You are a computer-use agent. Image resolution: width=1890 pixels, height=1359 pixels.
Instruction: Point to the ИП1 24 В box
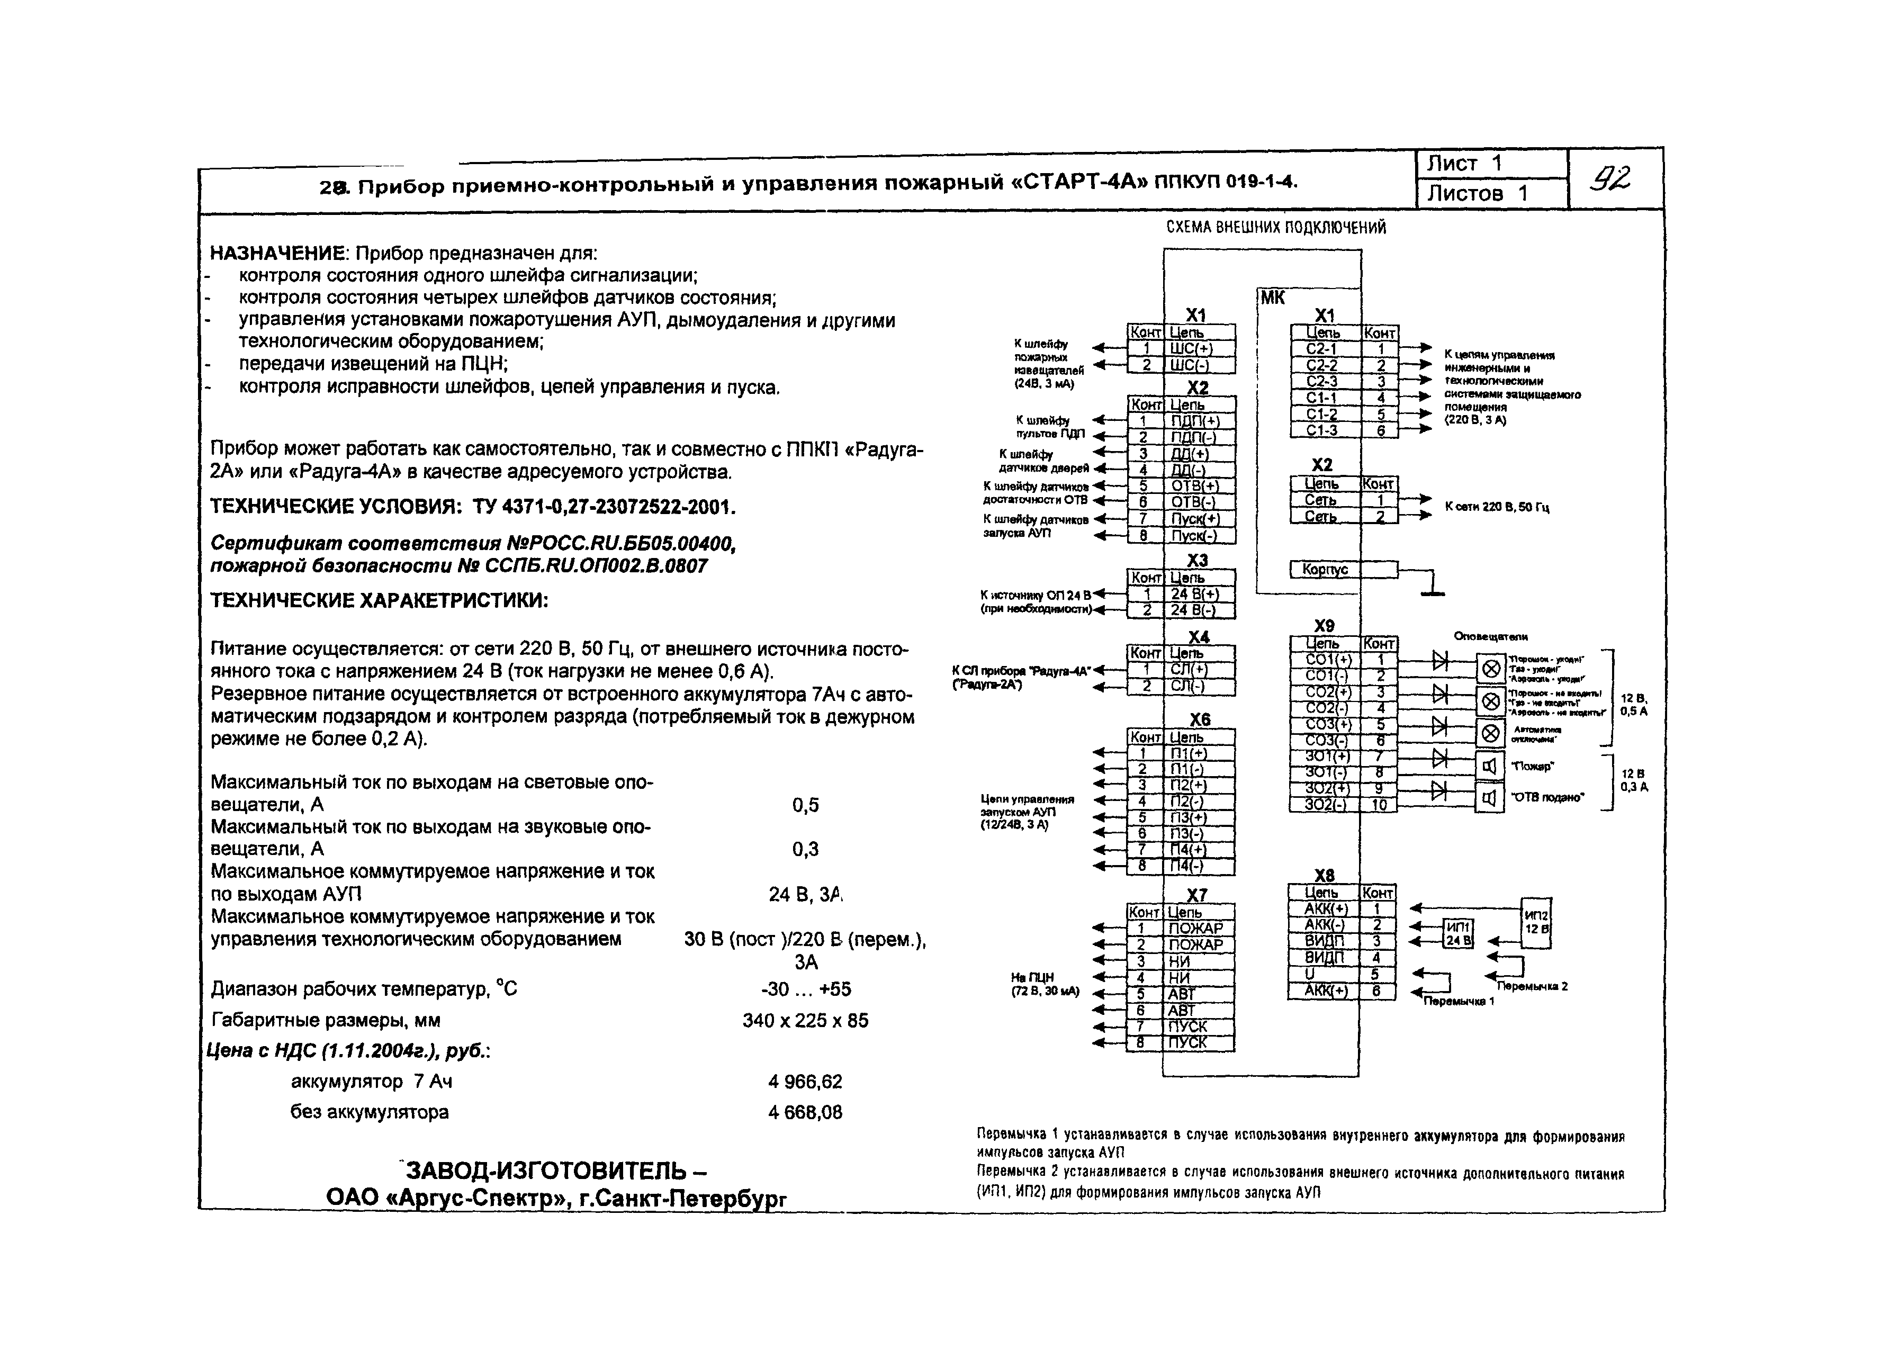pos(1457,933)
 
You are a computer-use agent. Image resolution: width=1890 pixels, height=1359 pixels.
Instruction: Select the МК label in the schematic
pos(1273,298)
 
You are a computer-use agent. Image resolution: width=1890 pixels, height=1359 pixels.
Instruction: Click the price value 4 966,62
pos(805,1082)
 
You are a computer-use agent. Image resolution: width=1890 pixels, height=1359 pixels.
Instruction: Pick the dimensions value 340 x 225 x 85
pos(805,1021)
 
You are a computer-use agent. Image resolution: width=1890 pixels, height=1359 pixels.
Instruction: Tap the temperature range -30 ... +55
pos(806,989)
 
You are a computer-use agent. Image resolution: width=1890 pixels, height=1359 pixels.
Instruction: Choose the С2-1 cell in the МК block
pos(1324,349)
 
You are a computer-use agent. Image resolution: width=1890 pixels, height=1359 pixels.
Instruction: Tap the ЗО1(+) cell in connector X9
pos(1324,757)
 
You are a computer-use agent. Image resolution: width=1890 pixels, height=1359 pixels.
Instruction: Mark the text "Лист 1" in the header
pos(1464,163)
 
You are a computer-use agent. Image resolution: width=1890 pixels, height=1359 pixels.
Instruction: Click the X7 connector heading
pos(1196,895)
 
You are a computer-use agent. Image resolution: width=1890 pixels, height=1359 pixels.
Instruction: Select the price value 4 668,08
pos(805,1112)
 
